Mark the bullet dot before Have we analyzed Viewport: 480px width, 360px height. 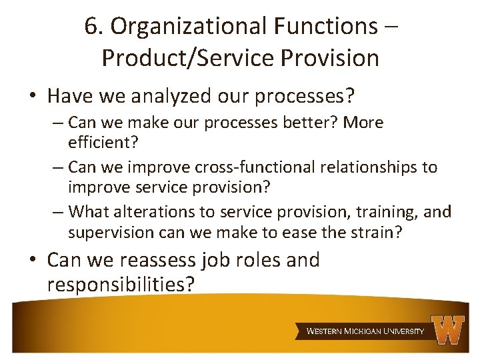pyautogui.click(x=33, y=97)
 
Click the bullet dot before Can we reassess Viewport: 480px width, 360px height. pyautogui.click(x=33, y=261)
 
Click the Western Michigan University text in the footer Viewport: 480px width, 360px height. pyautogui.click(x=365, y=331)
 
